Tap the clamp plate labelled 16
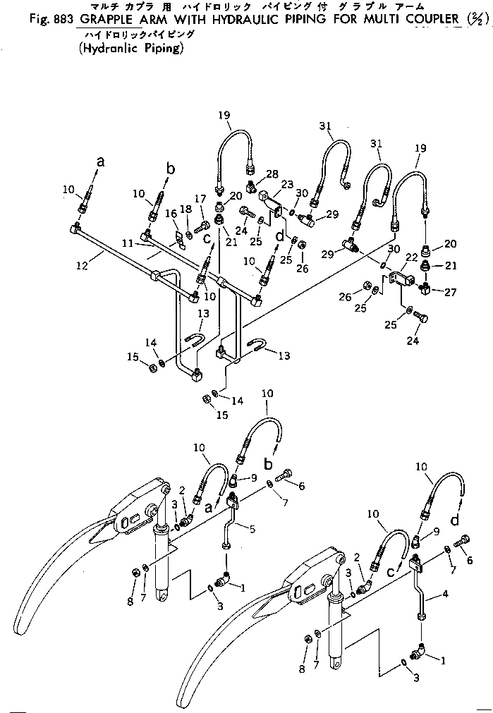(x=179, y=239)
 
